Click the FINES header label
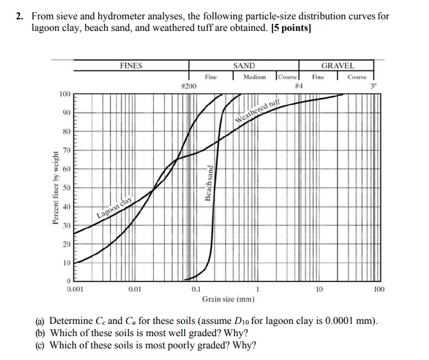click(x=131, y=66)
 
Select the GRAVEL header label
click(x=338, y=66)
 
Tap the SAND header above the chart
click(x=244, y=66)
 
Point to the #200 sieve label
click(x=189, y=86)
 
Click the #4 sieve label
click(x=298, y=86)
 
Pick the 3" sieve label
click(x=372, y=86)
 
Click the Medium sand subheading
click(x=254, y=77)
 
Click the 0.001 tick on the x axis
click(x=75, y=290)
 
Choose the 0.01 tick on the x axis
click(x=135, y=290)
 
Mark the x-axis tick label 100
click(x=379, y=290)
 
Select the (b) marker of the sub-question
click(x=40, y=333)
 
